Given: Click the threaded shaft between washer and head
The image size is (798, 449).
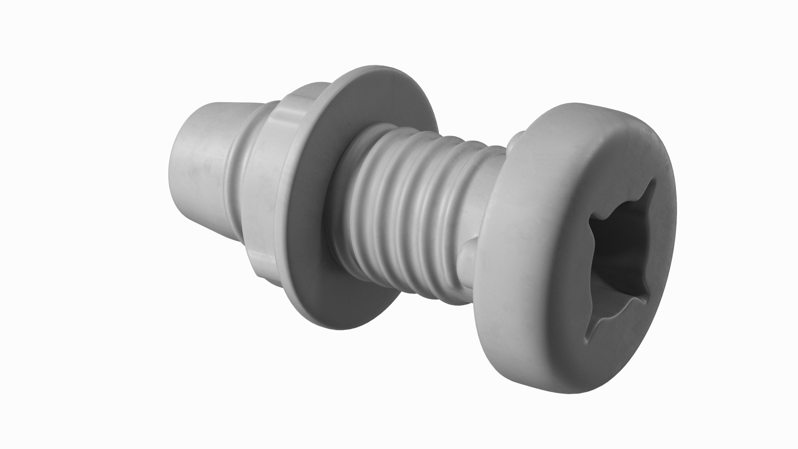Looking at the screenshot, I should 416,208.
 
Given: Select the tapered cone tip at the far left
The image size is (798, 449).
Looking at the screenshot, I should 199,166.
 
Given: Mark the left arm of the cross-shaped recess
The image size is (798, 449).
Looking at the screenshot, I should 598,220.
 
